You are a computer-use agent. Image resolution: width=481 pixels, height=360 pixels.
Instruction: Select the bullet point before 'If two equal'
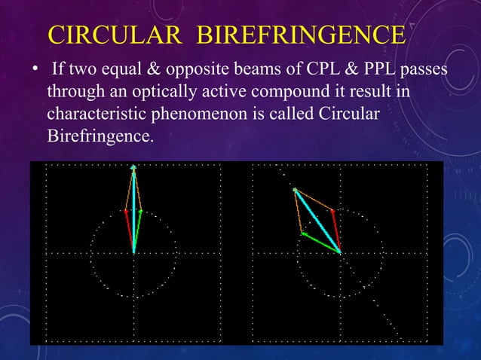click(x=34, y=72)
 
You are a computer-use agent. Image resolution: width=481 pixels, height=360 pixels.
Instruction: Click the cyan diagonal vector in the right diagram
click(x=317, y=220)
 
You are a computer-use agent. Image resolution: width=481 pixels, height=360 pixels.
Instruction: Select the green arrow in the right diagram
click(x=321, y=243)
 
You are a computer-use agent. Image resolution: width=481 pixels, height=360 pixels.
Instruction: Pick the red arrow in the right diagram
click(x=335, y=230)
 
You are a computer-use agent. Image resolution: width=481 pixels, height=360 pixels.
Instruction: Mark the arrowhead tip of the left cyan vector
click(x=134, y=168)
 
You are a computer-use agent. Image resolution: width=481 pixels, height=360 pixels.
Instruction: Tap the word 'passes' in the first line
click(x=422, y=71)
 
